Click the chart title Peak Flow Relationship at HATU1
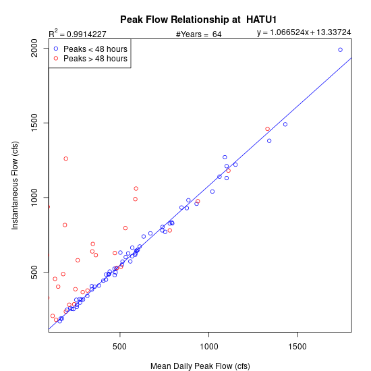[198, 20]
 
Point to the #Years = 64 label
[199, 34]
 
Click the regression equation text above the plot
[304, 32]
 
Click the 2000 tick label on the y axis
[34, 48]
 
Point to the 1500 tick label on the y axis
[34, 123]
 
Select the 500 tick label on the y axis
[34, 272]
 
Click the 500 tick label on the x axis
[119, 347]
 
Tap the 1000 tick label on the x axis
[209, 347]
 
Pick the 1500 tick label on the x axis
[297, 347]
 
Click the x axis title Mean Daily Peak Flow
[200, 366]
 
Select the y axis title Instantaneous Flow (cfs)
[15, 185]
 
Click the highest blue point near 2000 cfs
[340, 50]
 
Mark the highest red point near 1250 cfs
[66, 159]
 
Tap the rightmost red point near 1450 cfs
[267, 129]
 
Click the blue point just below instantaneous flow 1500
[285, 125]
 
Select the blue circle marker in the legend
[56, 49]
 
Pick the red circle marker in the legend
[56, 58]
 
